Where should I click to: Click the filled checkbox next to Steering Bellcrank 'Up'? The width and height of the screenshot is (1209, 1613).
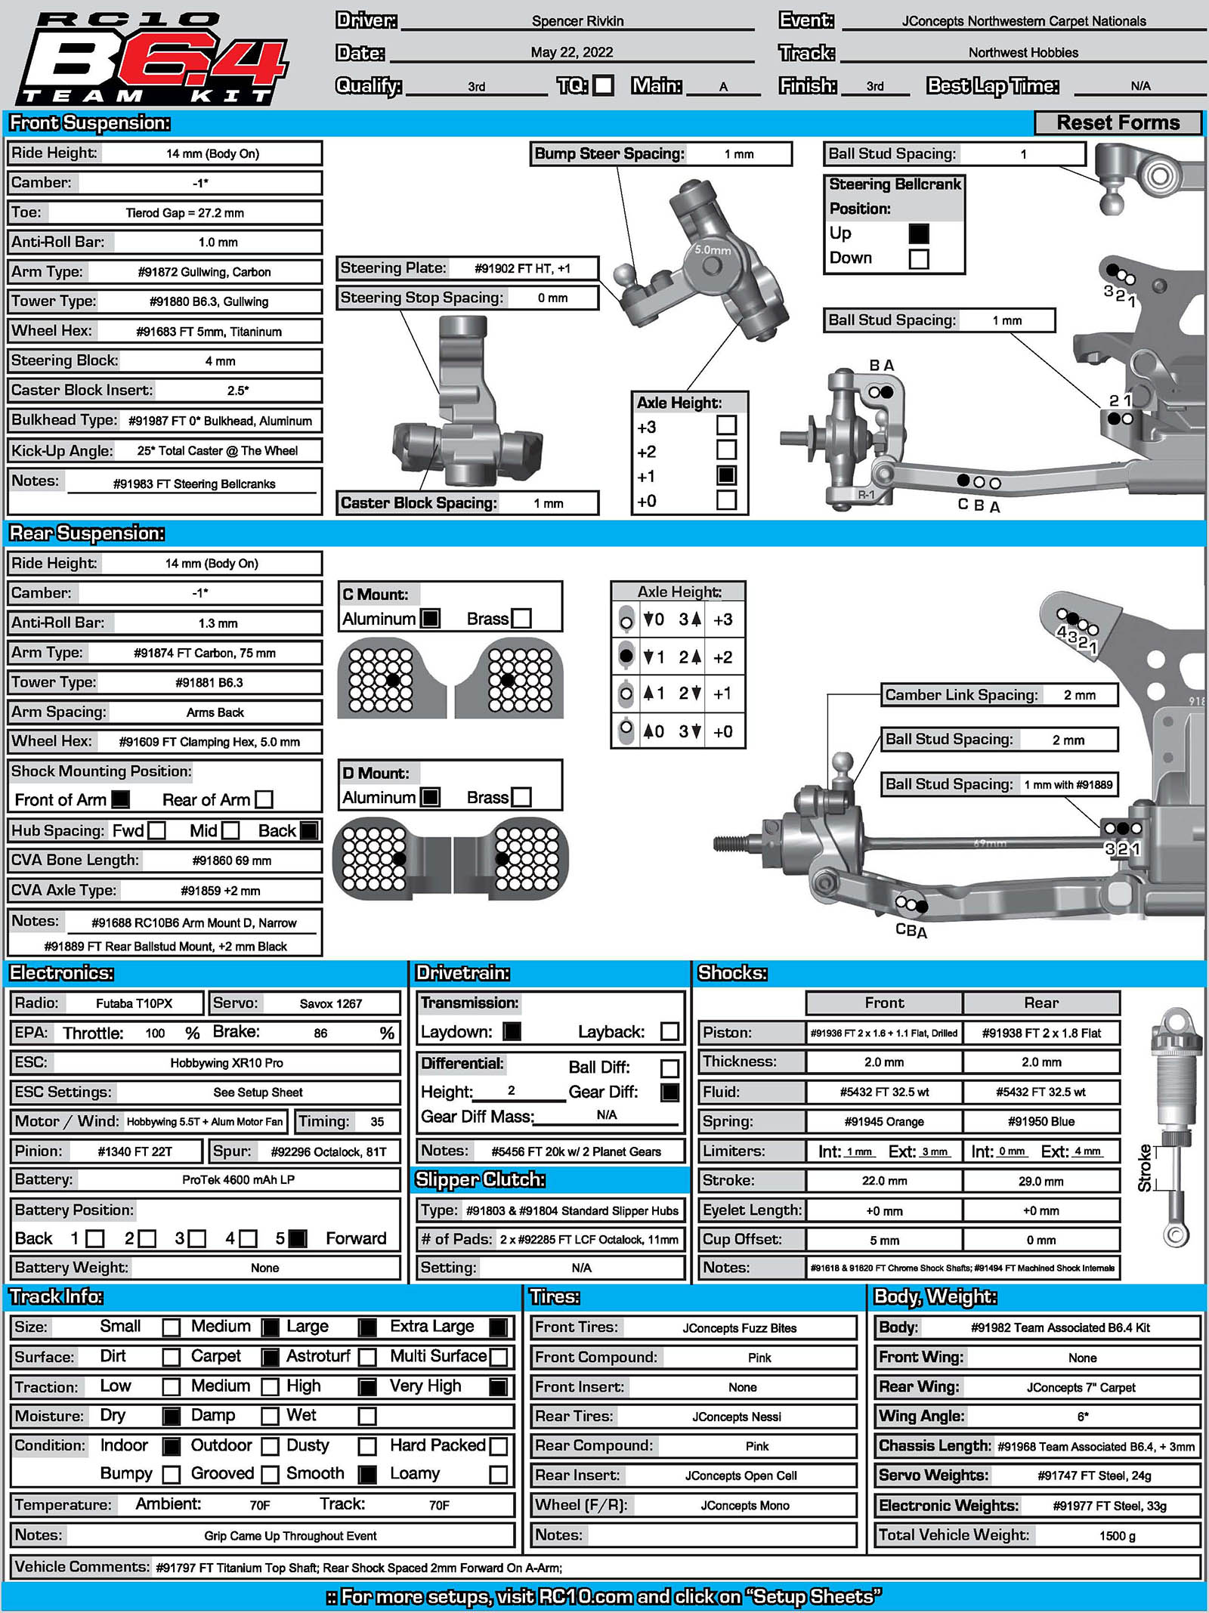pos(919,233)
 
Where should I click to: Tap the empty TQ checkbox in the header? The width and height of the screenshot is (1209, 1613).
pos(603,85)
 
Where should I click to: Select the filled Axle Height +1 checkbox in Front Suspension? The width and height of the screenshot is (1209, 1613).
pos(726,475)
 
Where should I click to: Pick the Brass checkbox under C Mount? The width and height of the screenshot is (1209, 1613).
pos(521,618)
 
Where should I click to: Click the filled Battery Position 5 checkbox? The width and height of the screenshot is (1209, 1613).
pos(298,1238)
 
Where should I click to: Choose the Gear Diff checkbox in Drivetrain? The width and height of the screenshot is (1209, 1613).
pos(669,1092)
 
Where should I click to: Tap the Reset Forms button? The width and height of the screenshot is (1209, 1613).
pos(1118,122)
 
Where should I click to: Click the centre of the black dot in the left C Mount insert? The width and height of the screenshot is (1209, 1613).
pos(393,680)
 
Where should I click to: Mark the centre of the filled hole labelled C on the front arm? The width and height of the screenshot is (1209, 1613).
pos(963,481)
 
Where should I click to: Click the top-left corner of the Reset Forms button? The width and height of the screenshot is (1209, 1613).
pos(1034,111)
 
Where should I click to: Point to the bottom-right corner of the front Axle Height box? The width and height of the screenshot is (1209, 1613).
pos(748,515)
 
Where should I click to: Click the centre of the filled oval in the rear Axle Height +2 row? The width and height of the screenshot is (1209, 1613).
pos(626,656)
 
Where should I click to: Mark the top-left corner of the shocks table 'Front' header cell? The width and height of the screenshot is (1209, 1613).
pos(806,991)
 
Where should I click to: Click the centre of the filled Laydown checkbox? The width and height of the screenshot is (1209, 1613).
pos(512,1031)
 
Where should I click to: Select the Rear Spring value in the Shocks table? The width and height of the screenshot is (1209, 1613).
pos(1040,1122)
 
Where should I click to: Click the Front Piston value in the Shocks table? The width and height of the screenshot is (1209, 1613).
pos(883,1034)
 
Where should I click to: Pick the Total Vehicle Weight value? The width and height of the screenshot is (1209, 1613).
pos(1117,1536)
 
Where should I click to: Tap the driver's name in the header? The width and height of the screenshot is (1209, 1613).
pos(577,21)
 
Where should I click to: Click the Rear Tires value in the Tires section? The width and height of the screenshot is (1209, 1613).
pos(737,1417)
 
